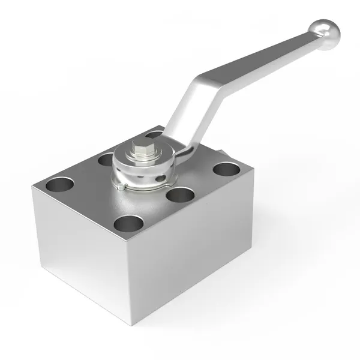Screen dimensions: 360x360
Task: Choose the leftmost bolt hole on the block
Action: coord(61,184)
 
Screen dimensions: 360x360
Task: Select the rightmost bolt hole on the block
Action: coord(227,169)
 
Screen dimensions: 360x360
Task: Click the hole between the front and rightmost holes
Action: coord(180,195)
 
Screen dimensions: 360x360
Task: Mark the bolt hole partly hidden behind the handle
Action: coord(157,134)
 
